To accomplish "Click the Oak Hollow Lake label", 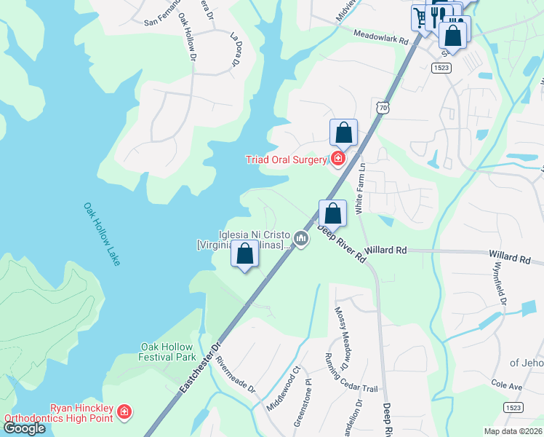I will (x=101, y=234).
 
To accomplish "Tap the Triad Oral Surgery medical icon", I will (x=337, y=158).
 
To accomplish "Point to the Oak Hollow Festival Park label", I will (x=168, y=352).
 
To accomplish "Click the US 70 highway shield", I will (x=383, y=108).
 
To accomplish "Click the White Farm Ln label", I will (x=359, y=187).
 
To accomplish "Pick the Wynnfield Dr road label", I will (x=498, y=280).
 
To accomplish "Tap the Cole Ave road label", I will (x=507, y=384).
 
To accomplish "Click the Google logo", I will (x=24, y=428).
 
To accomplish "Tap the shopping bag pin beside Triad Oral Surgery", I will (x=344, y=133).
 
